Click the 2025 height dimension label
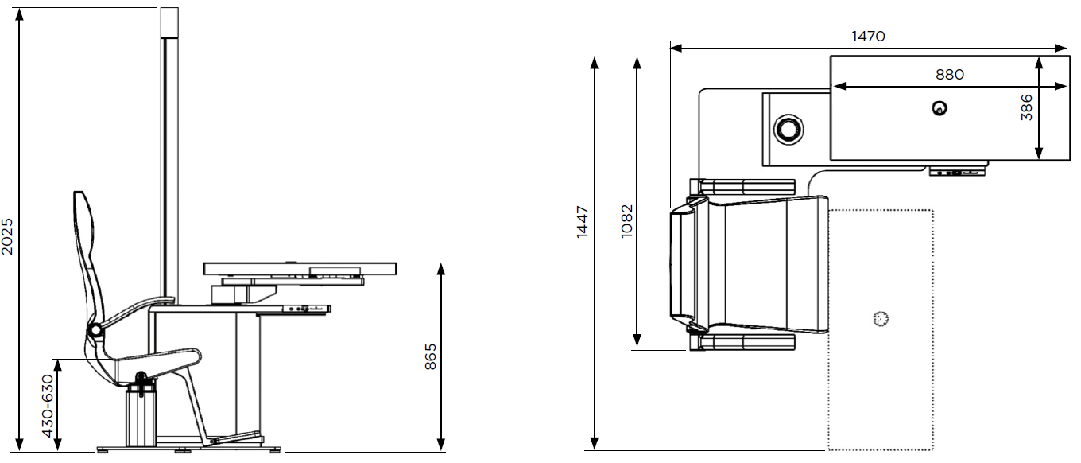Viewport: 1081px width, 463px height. [7, 236]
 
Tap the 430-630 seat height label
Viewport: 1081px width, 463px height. [48, 406]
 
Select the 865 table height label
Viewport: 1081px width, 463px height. [431, 356]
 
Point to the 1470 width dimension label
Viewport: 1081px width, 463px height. [868, 37]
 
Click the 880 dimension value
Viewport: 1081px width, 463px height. [950, 74]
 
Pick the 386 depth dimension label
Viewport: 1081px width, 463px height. [1026, 107]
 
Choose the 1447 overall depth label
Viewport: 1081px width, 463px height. [583, 222]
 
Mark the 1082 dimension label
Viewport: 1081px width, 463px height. [626, 221]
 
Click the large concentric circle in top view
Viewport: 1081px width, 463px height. [788, 130]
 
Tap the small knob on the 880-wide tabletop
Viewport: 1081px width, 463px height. [940, 107]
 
